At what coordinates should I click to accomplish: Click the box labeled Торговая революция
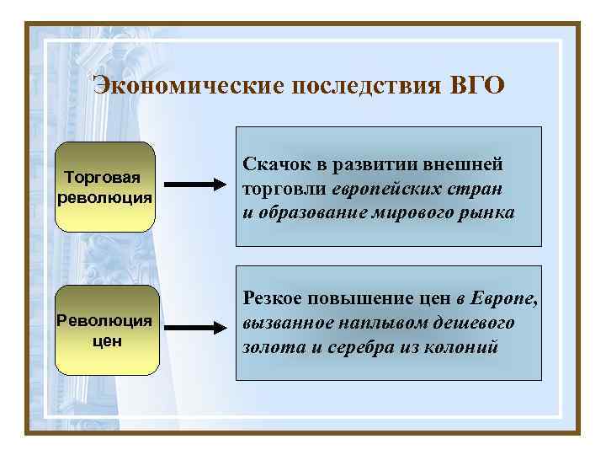pos(105,187)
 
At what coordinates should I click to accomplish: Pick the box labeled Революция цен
pos(105,330)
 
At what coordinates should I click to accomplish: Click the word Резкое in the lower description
pos(274,297)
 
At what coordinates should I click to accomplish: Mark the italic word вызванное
pos(283,322)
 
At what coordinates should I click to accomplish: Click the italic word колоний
pos(465,346)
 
